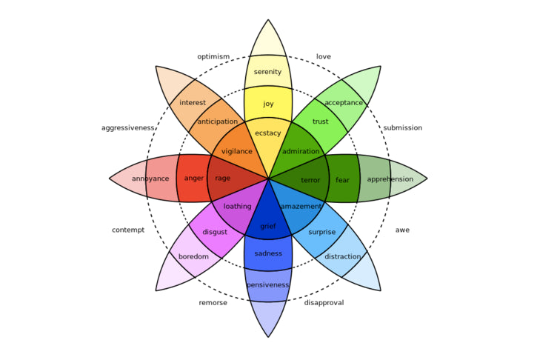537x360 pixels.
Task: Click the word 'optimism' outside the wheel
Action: pos(213,57)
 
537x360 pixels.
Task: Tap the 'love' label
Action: pos(324,57)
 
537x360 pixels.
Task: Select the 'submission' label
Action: pos(402,128)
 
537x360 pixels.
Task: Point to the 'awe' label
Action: pos(402,230)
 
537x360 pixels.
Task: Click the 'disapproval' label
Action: pos(324,303)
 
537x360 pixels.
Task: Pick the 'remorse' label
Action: pos(213,303)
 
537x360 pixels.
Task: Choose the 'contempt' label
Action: pos(128,230)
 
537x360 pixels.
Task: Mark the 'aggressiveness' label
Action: pos(128,128)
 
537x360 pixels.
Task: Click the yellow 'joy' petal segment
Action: pos(268,104)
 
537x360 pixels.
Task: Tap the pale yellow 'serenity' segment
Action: pos(268,72)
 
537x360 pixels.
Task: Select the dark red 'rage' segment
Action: pos(223,179)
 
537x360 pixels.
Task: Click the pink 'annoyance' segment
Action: pos(152,179)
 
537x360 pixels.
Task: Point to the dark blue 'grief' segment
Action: pos(268,226)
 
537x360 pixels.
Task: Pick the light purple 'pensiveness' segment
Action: pos(268,285)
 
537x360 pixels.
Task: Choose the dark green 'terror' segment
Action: pos(310,180)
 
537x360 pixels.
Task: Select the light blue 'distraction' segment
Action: pos(343,257)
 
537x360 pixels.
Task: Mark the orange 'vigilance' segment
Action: pos(237,152)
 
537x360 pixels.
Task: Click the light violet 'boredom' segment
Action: pos(193,257)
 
